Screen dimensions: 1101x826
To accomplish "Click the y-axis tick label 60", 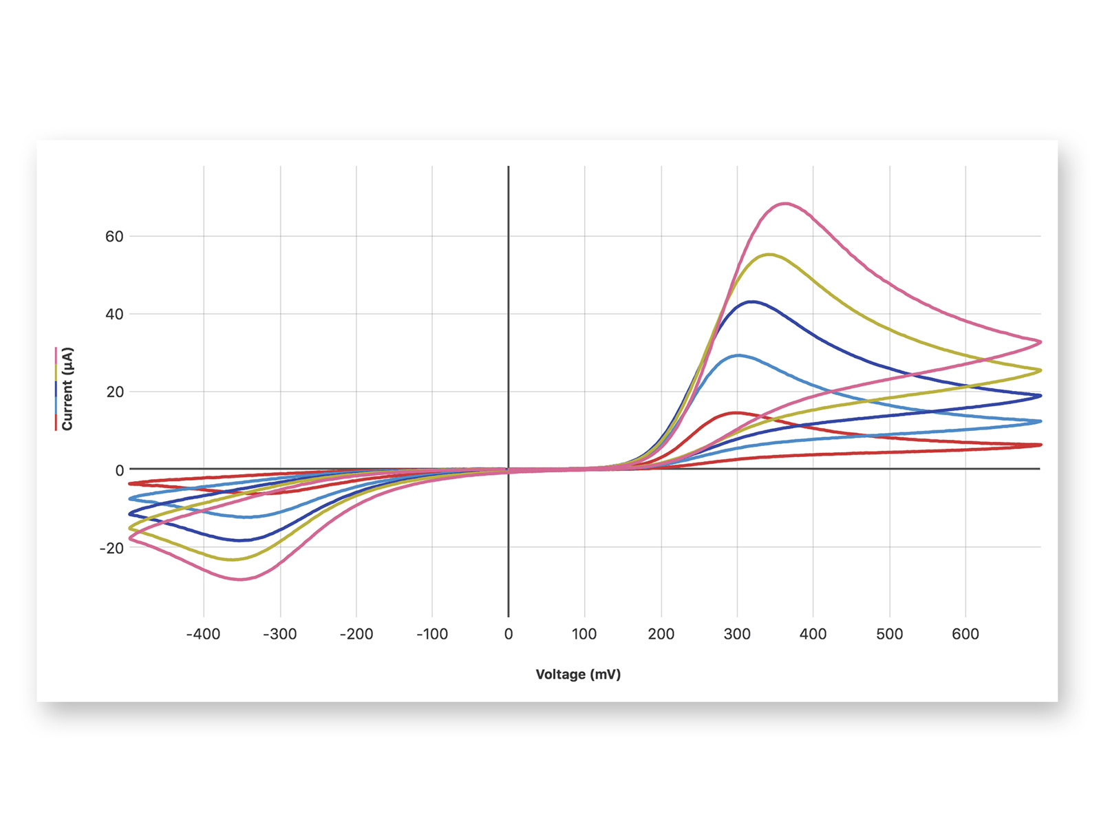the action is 114,237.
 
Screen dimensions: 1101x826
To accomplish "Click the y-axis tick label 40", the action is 114,315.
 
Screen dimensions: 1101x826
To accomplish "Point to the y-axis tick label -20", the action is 111,548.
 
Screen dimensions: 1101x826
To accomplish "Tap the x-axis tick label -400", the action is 203,635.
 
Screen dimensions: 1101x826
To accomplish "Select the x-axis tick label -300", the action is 280,635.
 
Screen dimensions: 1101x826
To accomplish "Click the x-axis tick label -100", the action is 432,635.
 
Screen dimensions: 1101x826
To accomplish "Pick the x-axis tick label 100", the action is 584,635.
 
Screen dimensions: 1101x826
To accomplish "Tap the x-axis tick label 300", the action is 738,635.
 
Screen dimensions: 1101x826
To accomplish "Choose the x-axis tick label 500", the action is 889,635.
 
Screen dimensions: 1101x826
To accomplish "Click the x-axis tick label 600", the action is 965,635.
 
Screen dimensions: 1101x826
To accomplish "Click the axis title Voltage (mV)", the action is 578,675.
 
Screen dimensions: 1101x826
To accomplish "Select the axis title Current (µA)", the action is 67,389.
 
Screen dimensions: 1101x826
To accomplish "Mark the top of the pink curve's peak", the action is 785,203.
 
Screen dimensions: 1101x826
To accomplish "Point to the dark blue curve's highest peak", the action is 752,301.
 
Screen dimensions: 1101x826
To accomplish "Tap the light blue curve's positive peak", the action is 738,355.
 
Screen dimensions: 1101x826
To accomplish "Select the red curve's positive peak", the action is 736,413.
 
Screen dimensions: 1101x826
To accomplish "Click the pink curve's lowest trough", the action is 242,580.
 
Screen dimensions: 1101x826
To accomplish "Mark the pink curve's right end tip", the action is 1041,342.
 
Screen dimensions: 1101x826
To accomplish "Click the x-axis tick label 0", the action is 508,635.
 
